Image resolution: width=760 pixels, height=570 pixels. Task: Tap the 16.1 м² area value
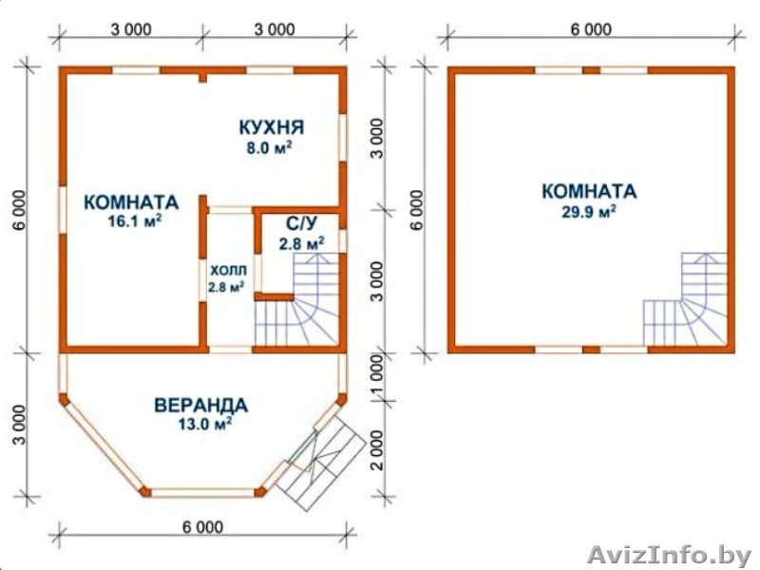[x=131, y=220]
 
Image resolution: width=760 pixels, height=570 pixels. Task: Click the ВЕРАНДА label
[x=200, y=406]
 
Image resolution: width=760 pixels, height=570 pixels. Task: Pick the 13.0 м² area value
[x=200, y=424]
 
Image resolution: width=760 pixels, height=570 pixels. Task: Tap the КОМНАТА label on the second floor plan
[x=589, y=191]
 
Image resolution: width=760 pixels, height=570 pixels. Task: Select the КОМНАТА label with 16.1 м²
[x=131, y=202]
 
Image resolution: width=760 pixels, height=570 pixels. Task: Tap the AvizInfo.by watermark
[x=669, y=552]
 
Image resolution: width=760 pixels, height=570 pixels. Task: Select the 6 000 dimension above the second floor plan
[x=590, y=28]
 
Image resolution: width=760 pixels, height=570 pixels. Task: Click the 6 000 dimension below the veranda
[x=201, y=527]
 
